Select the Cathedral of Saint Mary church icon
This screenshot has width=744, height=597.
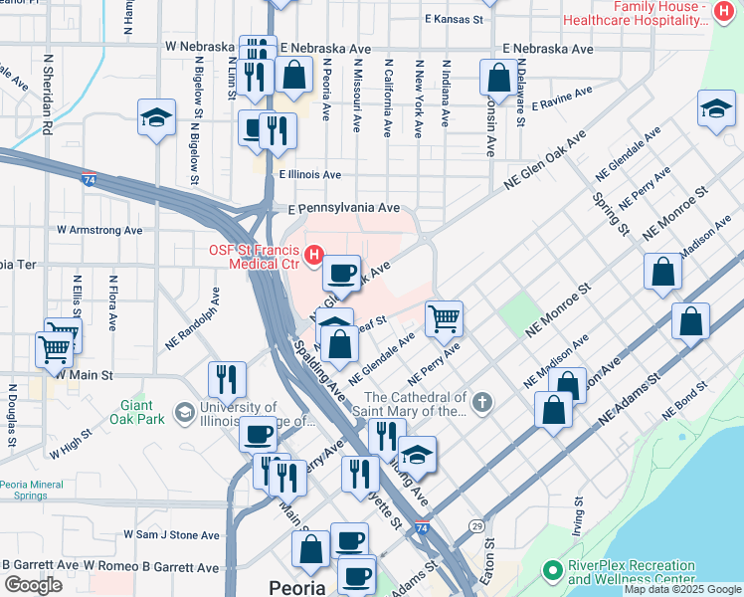[x=482, y=403]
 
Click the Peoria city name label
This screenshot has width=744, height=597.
[x=297, y=587]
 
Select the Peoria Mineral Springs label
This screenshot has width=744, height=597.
[x=38, y=490]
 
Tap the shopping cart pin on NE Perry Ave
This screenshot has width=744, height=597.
[x=444, y=318]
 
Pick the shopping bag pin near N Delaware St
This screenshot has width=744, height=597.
[x=496, y=77]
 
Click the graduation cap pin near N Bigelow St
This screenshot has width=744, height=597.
[x=156, y=116]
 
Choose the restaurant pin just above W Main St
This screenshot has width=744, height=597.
[x=227, y=379]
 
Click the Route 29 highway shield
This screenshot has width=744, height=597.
[x=477, y=524]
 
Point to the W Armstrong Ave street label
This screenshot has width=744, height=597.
[x=99, y=230]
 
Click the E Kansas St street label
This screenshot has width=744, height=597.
[x=454, y=19]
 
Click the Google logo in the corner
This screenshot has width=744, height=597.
[x=33, y=584]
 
